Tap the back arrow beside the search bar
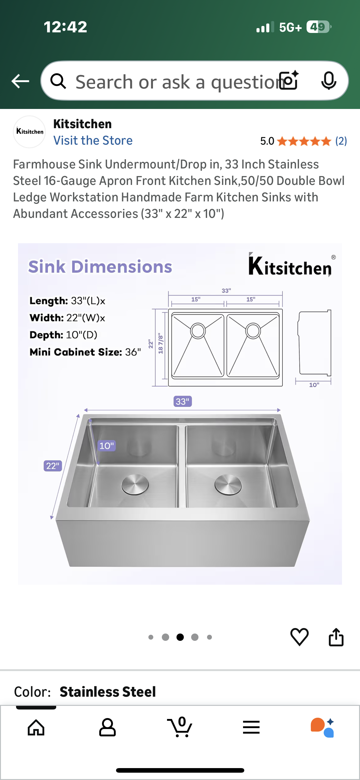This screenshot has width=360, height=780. click(x=20, y=81)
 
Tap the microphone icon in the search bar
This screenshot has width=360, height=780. click(x=329, y=81)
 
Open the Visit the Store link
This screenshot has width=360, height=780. click(x=93, y=140)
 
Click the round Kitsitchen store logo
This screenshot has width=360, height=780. click(x=30, y=132)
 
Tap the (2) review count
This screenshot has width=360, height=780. click(x=341, y=141)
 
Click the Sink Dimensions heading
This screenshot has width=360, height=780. click(x=100, y=267)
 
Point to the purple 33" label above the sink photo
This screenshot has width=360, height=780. click(x=183, y=401)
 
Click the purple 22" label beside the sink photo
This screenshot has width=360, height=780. click(x=53, y=466)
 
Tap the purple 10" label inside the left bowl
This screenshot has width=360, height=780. click(x=107, y=446)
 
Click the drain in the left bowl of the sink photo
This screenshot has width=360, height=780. click(x=135, y=484)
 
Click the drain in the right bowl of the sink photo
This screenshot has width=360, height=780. click(x=228, y=484)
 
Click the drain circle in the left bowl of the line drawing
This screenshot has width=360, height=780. click(x=198, y=330)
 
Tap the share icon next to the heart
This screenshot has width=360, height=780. click(x=336, y=637)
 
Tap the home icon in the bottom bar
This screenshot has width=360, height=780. click(x=36, y=728)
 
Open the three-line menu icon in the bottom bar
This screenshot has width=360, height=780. click(x=251, y=728)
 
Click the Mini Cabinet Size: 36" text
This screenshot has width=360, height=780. click(x=85, y=352)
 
